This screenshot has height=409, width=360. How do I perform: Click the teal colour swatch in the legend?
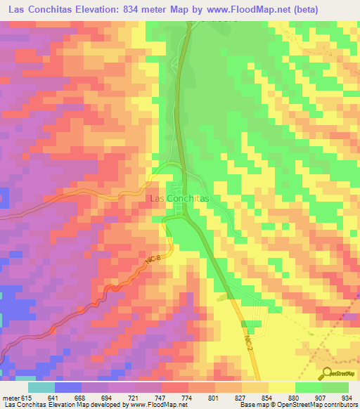41,387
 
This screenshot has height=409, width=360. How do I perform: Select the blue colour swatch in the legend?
68,387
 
